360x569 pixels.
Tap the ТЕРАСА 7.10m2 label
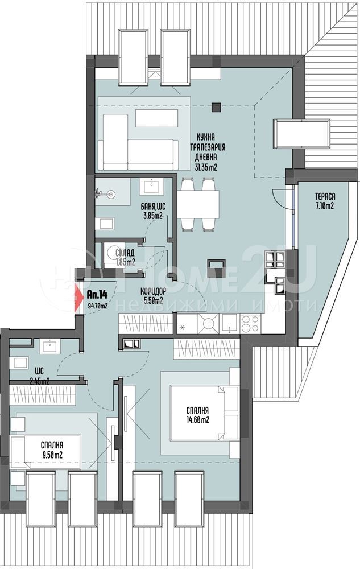coord(325,201)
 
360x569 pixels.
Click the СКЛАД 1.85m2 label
coord(125,257)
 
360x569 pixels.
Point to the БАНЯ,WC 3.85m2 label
coord(153,211)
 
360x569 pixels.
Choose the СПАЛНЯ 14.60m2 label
coord(197,415)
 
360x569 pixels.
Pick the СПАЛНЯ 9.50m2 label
coord(52,450)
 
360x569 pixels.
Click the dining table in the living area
coord(198,204)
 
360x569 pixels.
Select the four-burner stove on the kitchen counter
coord(250,323)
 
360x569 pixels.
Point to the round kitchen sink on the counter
coord(209,323)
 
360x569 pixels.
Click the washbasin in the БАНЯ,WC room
coord(150,186)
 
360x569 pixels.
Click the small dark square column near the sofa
coord(216,107)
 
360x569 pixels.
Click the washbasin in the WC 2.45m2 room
coord(49,347)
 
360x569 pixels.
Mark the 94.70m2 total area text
coord(97,306)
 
